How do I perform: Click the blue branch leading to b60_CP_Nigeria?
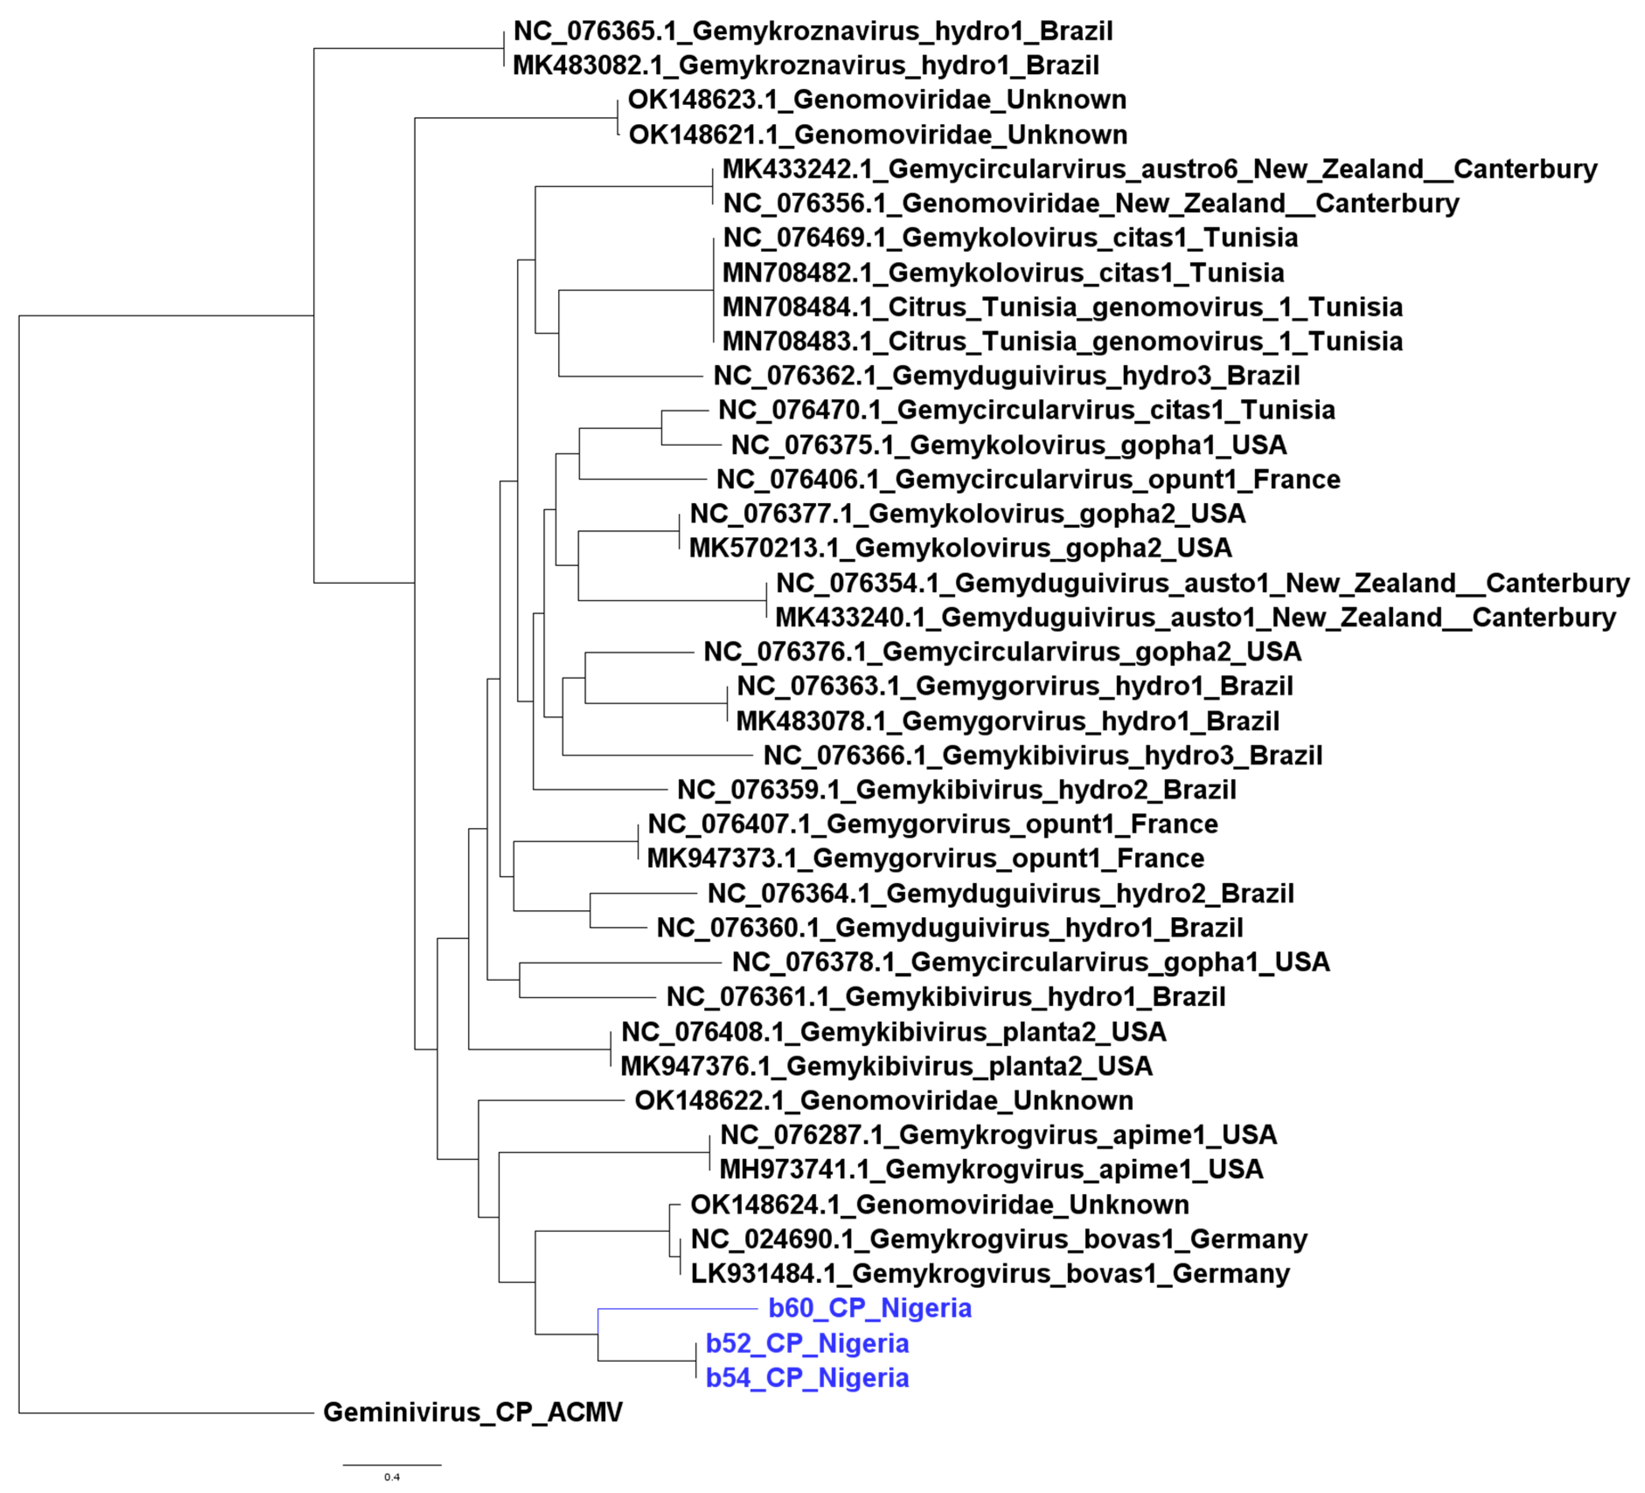[677, 1309]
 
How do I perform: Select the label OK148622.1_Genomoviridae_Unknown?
[884, 1100]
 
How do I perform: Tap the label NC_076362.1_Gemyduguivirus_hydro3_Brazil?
[1006, 376]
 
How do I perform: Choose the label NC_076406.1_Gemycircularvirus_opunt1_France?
[1028, 479]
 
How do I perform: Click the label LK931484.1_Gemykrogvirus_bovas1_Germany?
[990, 1274]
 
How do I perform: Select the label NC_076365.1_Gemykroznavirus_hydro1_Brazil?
[813, 31]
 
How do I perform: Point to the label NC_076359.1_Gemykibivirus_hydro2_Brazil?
[956, 790]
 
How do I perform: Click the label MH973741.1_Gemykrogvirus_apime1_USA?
[991, 1169]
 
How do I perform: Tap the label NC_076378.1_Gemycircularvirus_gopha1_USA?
[1031, 961]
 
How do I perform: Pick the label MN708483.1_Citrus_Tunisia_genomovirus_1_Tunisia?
[1062, 341]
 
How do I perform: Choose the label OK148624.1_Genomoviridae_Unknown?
[939, 1204]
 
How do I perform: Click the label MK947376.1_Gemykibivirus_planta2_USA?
[886, 1066]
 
